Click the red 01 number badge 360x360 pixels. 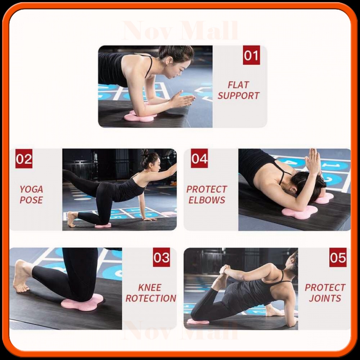tap(251, 55)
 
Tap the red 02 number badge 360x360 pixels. tap(24, 159)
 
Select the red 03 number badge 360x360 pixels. tap(161, 257)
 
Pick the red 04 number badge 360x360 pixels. tap(199, 158)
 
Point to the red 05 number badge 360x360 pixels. tap(338, 257)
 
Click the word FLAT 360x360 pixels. tap(238, 85)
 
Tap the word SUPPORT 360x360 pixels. tap(238, 95)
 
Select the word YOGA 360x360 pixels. tap(31, 189)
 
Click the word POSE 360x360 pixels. tap(31, 200)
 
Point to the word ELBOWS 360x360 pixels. tap(207, 200)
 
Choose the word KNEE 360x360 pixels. tap(150, 287)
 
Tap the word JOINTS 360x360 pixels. tap(325, 298)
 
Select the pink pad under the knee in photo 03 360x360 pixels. tap(82, 302)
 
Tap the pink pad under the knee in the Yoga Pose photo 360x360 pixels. tap(103, 225)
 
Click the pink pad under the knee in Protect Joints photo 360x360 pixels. tap(198, 321)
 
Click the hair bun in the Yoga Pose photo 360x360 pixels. tap(145, 152)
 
